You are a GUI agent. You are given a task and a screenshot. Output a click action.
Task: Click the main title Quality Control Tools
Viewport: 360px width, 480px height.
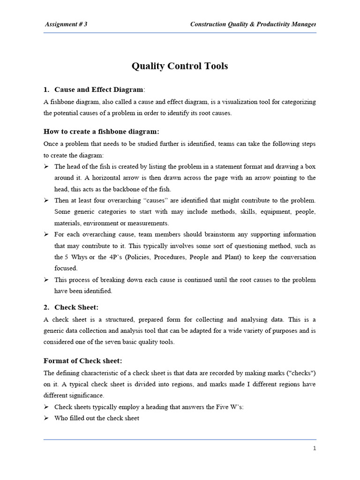(180, 66)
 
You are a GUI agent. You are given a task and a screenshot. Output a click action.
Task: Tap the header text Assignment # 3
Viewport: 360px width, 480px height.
(66, 24)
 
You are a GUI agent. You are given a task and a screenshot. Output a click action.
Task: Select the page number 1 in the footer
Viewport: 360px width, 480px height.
(315, 448)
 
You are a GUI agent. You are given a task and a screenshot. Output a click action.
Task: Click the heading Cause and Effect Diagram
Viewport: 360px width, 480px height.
(98, 90)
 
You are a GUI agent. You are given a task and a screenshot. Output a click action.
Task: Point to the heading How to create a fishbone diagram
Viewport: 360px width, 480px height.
(101, 131)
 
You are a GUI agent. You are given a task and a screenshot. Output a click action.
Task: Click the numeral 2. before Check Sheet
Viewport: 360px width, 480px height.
(47, 307)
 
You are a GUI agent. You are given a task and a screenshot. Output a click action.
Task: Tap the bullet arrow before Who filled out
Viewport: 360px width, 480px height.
(46, 418)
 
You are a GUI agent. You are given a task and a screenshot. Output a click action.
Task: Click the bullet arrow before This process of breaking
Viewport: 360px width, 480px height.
(46, 280)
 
